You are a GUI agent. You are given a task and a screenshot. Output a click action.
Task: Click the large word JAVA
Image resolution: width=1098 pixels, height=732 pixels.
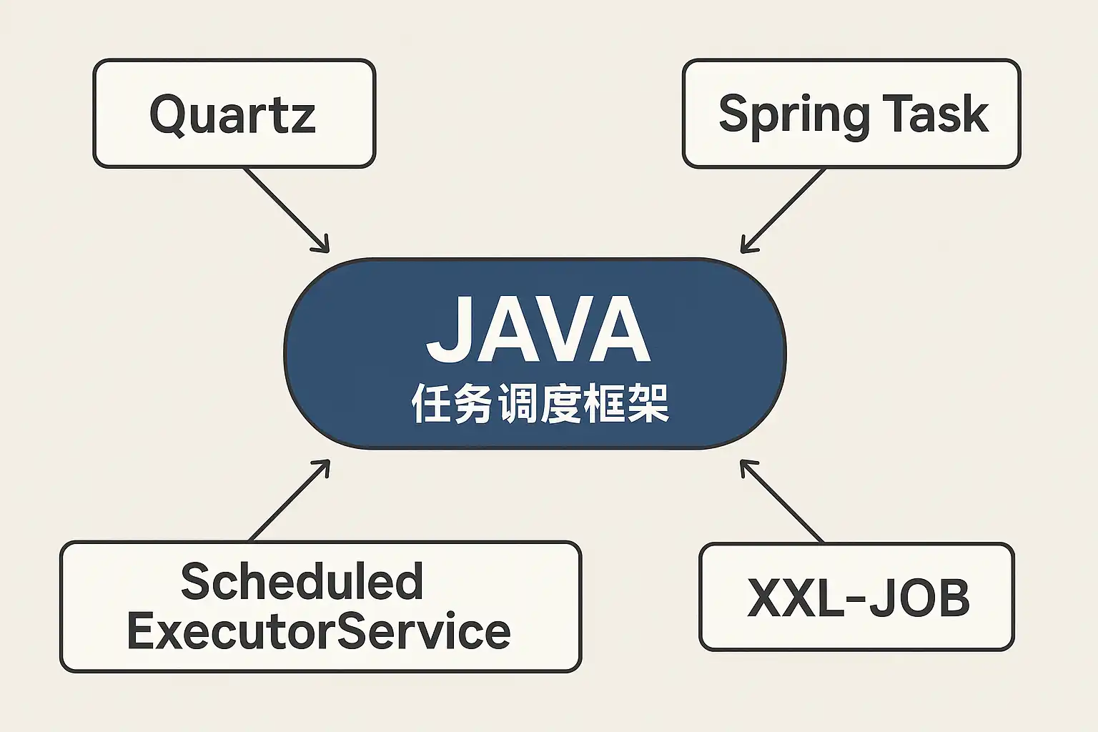(538, 329)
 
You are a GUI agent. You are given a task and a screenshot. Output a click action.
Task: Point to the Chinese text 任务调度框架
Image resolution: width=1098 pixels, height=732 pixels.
(540, 403)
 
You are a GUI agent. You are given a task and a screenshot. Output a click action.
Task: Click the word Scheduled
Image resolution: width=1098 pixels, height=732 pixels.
(302, 581)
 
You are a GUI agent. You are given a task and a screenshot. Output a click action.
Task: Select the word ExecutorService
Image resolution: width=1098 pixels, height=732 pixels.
(319, 631)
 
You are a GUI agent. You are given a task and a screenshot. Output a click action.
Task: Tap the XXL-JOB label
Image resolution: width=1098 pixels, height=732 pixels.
(859, 598)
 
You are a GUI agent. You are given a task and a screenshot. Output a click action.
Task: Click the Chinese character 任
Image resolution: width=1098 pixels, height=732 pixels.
(431, 403)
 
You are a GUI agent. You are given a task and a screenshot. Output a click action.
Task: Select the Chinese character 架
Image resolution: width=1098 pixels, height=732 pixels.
(648, 403)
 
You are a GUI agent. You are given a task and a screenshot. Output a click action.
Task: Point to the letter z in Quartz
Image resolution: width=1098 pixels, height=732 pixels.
(302, 119)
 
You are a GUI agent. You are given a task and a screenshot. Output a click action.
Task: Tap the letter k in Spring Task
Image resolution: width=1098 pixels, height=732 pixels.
(975, 113)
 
